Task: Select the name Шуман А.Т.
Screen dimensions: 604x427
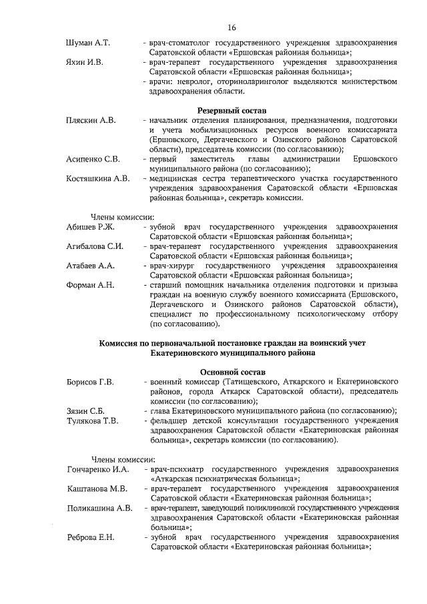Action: [88, 43]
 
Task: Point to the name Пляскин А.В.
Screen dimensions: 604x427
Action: [91, 120]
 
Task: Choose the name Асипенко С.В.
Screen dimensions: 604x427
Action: [93, 159]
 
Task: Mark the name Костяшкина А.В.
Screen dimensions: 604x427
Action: [98, 178]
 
